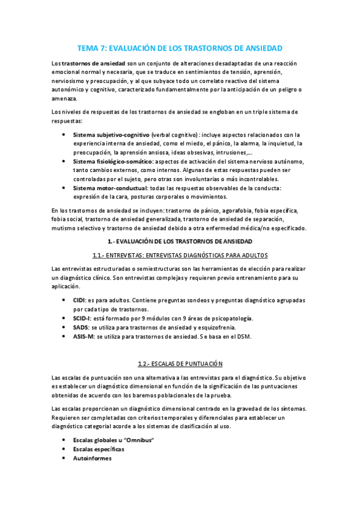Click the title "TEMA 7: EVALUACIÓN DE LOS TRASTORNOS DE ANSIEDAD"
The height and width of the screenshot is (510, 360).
180,48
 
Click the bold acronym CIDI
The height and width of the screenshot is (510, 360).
79,300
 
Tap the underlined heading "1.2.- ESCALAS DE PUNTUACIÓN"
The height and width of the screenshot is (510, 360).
180,364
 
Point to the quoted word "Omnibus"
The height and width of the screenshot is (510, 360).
138,440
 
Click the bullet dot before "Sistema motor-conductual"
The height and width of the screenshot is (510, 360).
64,188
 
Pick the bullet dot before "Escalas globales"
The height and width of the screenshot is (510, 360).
64,440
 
